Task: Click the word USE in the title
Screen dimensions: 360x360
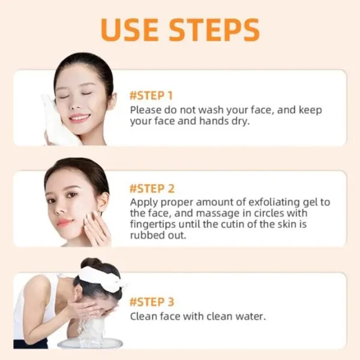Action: point(131,30)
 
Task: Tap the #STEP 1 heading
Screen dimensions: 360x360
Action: point(151,95)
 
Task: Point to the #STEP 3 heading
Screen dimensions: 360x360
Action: point(152,301)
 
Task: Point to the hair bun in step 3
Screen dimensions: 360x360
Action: point(91,264)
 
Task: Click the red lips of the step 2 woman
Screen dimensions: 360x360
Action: point(65,222)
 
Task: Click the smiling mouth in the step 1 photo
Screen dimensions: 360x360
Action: point(79,117)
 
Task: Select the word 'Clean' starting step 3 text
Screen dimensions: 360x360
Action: point(143,316)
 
